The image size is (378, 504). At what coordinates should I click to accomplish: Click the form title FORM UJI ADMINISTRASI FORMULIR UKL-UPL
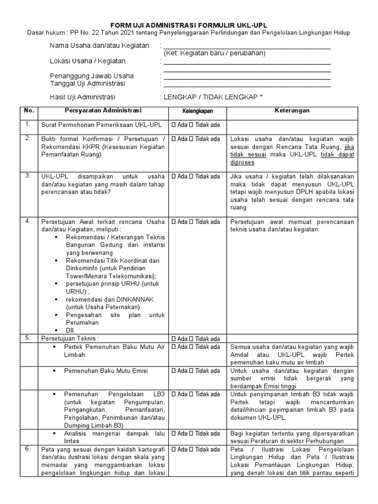tap(189, 25)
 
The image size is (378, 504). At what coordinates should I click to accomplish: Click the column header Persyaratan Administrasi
tap(103, 110)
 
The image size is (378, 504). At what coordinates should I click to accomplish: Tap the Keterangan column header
tap(292, 110)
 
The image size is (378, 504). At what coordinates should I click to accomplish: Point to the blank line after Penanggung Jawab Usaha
tap(247, 76)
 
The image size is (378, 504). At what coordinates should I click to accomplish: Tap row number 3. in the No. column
tap(28, 175)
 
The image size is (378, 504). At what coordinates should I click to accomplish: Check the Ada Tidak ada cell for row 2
tap(195, 139)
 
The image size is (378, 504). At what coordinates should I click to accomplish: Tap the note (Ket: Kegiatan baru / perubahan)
tap(215, 53)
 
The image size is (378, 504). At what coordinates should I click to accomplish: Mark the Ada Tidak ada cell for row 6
tap(195, 449)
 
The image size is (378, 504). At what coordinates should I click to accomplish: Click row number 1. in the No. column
tap(28, 124)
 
